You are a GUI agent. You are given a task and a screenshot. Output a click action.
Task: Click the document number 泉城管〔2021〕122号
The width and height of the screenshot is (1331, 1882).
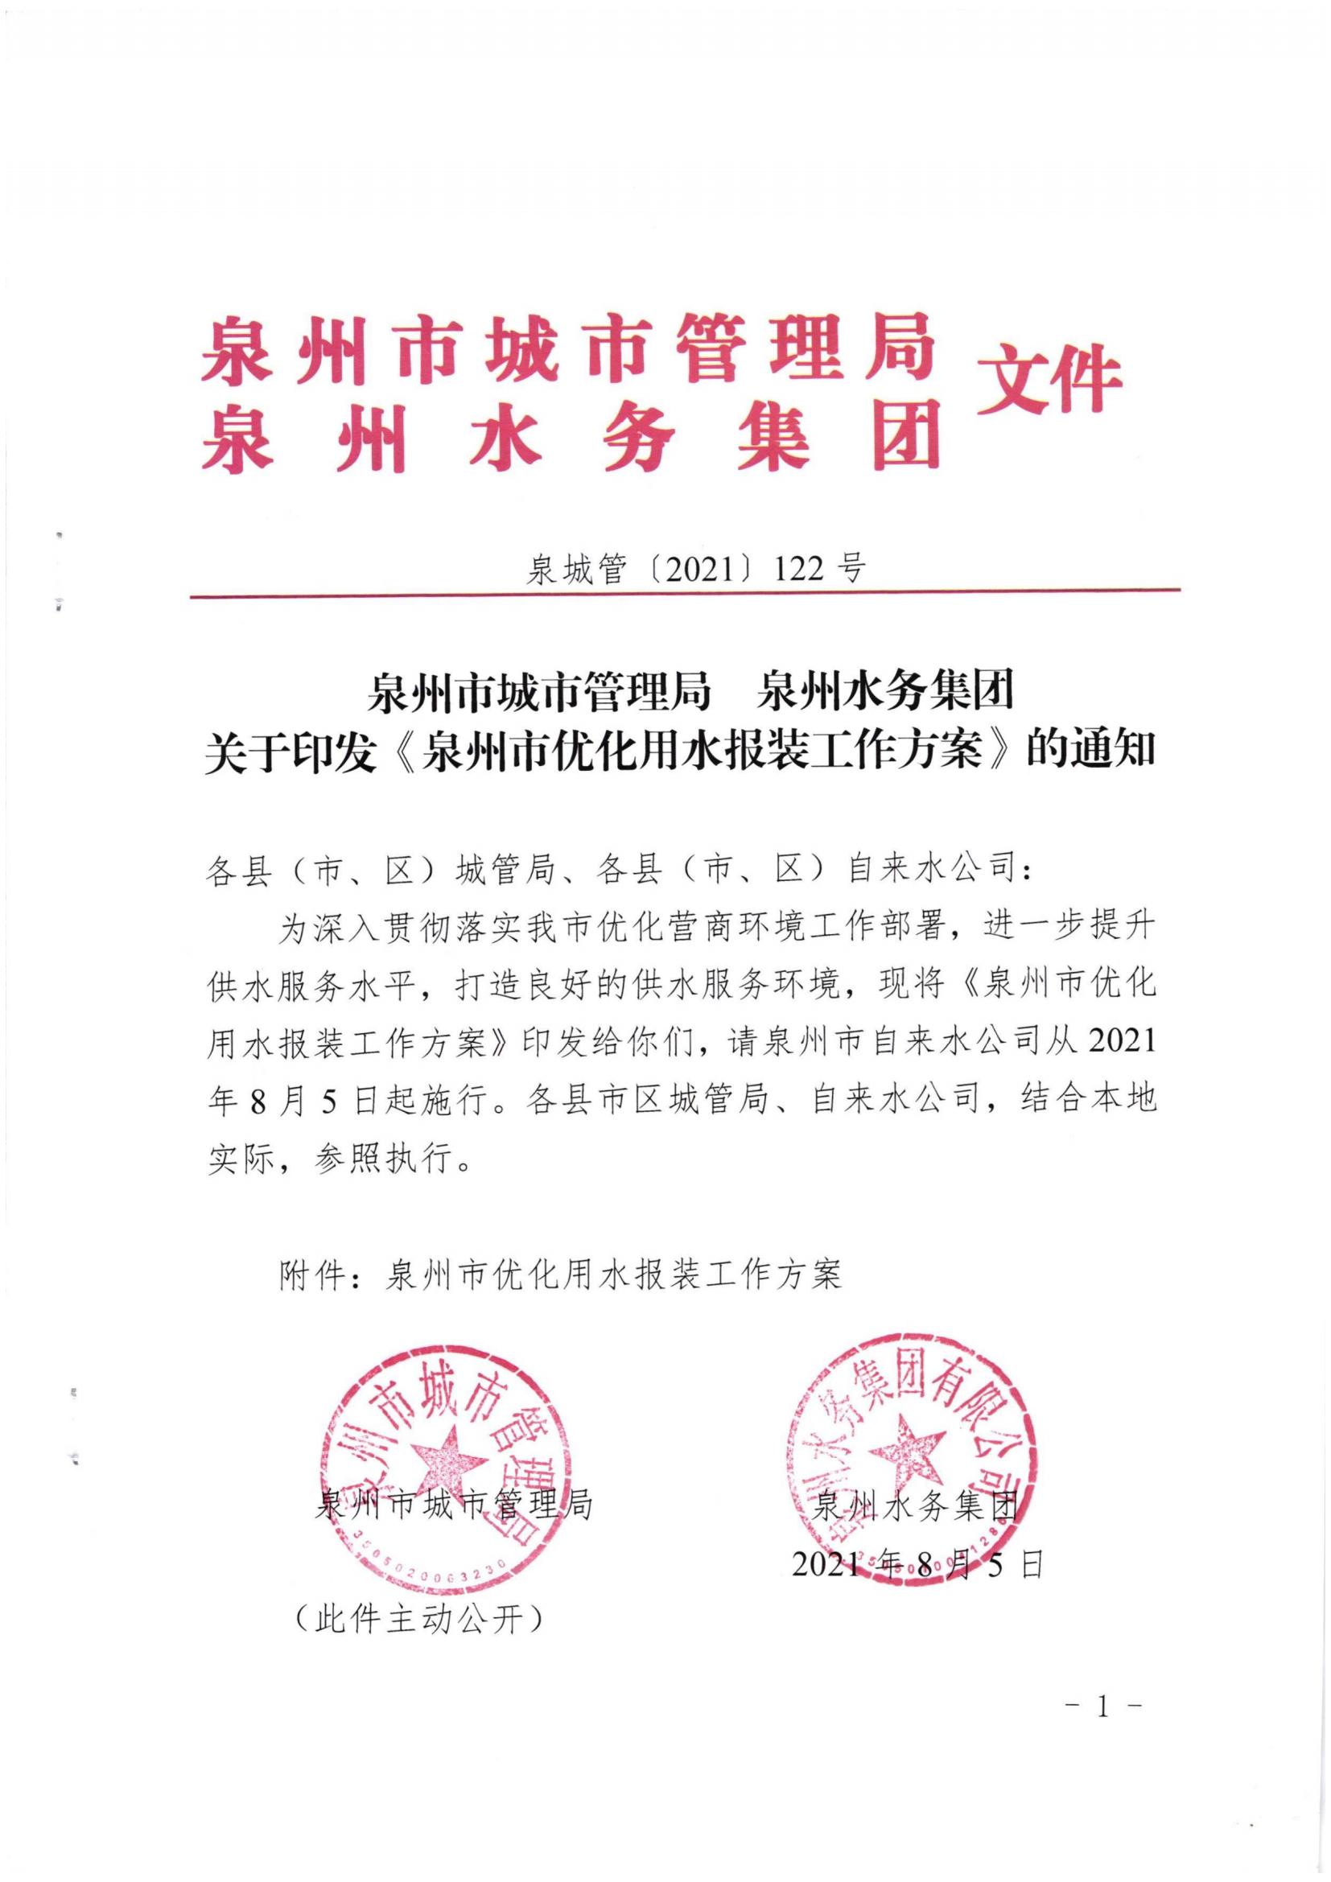pos(695,567)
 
